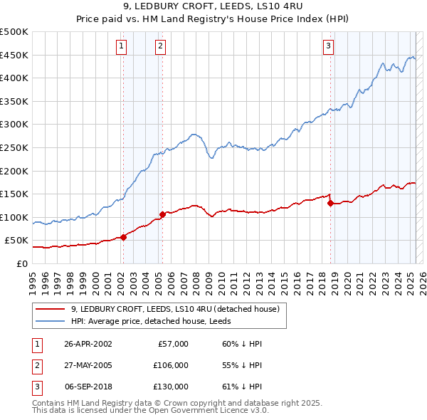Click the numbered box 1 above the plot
tap(122, 46)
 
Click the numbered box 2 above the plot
tap(161, 46)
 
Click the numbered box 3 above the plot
tap(328, 46)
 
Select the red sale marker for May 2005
tap(162, 214)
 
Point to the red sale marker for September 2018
tap(330, 203)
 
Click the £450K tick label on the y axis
tap(14, 55)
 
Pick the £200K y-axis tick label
tap(14, 171)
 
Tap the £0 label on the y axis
tap(22, 263)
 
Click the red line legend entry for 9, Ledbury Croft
tap(178, 309)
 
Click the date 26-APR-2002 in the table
tap(88, 344)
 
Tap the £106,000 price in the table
tap(171, 365)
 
